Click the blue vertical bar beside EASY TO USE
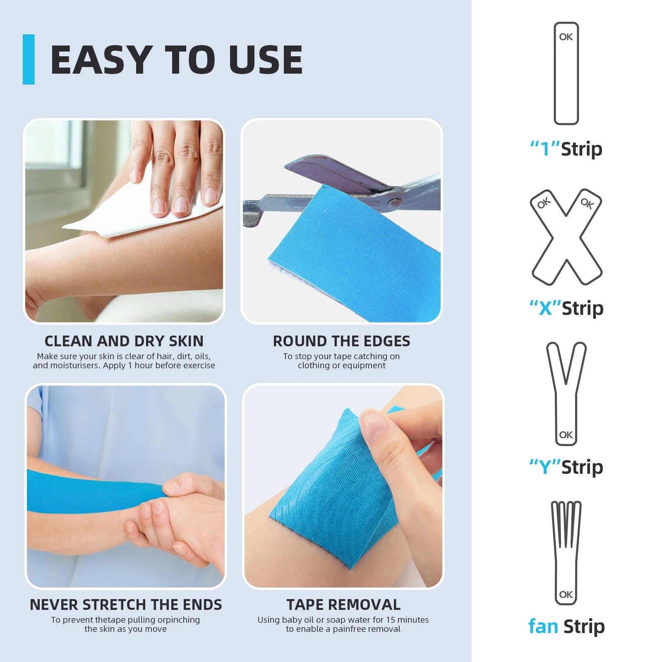29,59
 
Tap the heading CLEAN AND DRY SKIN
124,341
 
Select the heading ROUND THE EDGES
341,341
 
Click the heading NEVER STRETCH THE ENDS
126,604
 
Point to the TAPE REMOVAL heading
343,604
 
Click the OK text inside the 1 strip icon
566,37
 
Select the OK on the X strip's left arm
544,203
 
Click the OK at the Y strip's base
566,435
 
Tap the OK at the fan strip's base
566,595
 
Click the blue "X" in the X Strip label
545,308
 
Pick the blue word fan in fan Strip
543,626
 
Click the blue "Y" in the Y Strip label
545,467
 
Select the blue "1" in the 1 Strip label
545,149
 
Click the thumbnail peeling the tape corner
374,424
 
